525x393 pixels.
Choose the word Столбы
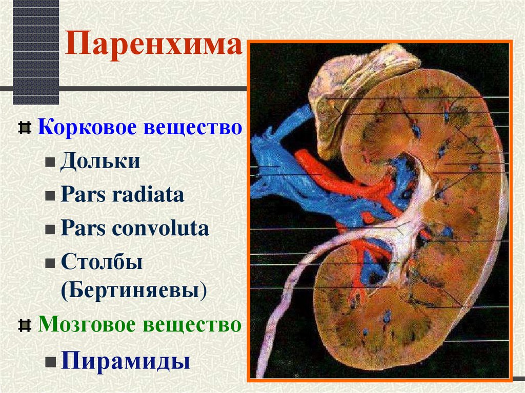click(102, 262)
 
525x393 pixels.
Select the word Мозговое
click(90, 325)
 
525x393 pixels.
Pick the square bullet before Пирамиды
click(49, 362)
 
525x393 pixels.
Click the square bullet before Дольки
click(49, 162)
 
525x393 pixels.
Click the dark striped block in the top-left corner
click(36, 51)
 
